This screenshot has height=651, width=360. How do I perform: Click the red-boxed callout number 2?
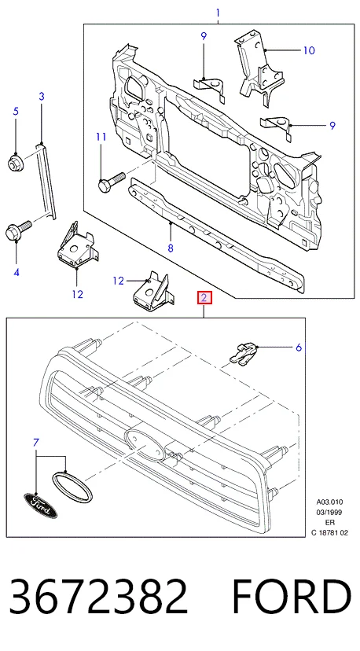click(x=204, y=298)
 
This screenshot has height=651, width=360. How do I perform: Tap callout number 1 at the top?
click(x=218, y=13)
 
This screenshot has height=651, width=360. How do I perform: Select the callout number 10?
click(x=309, y=50)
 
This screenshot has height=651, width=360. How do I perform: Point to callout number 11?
click(x=101, y=137)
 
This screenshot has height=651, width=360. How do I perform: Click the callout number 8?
click(x=171, y=248)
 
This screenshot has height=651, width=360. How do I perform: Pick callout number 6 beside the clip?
click(x=299, y=347)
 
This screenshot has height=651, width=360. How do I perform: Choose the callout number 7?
click(x=35, y=443)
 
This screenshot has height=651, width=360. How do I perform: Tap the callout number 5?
click(x=16, y=111)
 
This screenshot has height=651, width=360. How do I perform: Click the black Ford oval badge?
click(x=40, y=506)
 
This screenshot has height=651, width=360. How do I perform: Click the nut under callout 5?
click(x=16, y=162)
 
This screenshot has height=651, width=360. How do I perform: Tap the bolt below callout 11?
click(x=111, y=182)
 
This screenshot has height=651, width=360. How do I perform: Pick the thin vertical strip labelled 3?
click(x=45, y=181)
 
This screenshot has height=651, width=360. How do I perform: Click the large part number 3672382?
click(x=98, y=597)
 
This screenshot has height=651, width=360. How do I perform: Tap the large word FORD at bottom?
click(x=292, y=597)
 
